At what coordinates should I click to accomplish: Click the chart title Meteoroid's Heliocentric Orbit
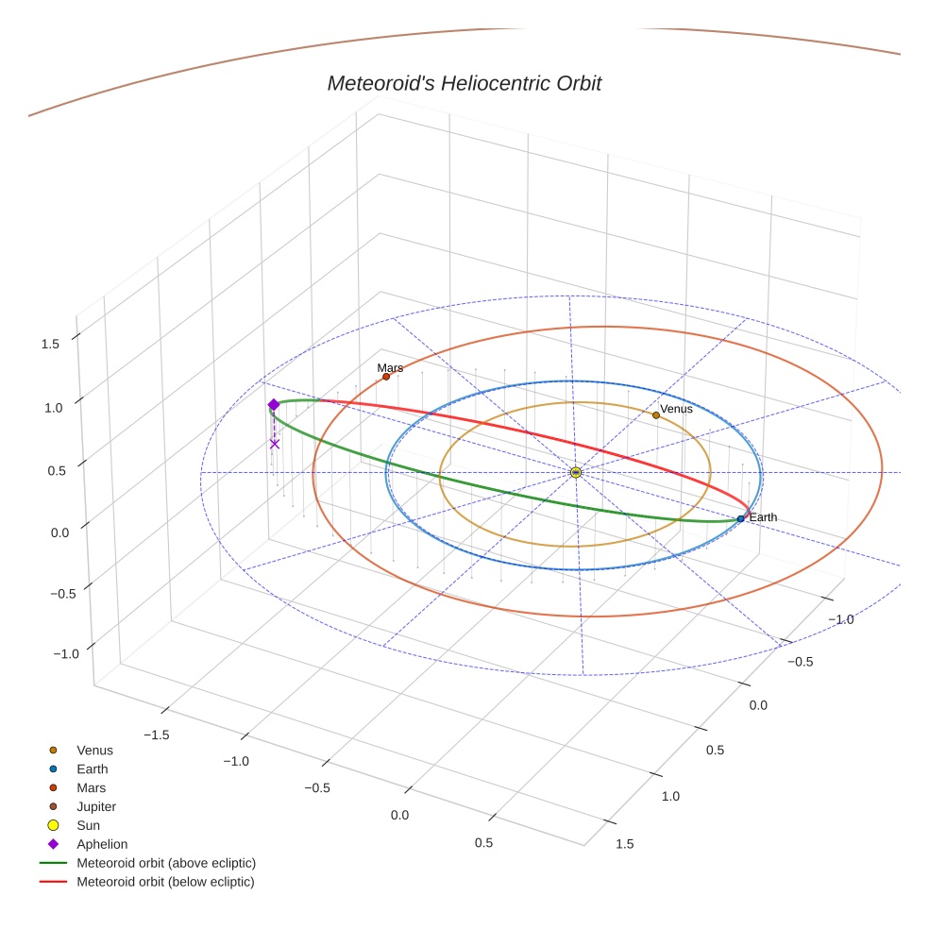pos(464,84)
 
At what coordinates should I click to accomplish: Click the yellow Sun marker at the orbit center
pos(576,472)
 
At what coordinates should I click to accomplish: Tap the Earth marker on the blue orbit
pos(740,518)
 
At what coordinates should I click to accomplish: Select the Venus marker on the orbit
pos(656,415)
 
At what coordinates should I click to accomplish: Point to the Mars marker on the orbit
pos(386,377)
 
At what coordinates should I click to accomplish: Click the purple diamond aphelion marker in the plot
pos(274,405)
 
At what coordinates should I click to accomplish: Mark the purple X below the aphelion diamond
pos(275,444)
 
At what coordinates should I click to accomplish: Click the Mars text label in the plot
pos(390,367)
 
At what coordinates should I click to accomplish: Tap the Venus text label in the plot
pos(676,409)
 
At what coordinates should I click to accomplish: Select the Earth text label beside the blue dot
pos(763,517)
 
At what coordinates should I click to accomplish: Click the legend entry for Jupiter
pos(96,806)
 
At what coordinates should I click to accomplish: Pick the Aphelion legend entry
pos(102,844)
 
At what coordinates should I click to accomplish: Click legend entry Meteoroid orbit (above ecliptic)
pos(166,863)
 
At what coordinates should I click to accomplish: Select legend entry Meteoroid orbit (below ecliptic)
pos(166,882)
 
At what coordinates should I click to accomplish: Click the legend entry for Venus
pos(94,751)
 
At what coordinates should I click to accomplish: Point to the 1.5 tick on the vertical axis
pos(50,344)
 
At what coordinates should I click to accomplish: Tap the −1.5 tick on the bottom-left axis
pos(154,734)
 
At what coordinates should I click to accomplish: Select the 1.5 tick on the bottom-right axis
pos(624,843)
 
